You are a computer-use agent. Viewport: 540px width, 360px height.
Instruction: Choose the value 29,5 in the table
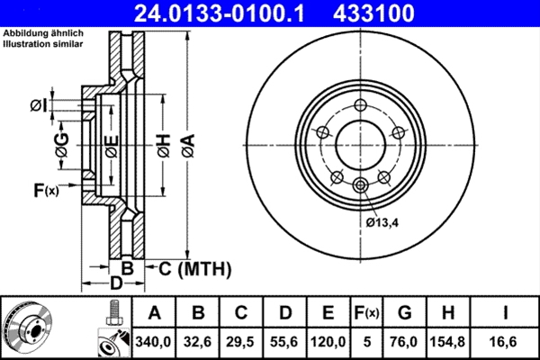(x=242, y=341)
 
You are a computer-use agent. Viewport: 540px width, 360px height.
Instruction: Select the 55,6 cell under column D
(x=285, y=341)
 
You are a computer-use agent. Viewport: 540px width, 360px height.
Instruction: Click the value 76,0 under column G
(x=405, y=341)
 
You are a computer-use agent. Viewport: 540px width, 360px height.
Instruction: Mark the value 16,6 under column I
(x=508, y=341)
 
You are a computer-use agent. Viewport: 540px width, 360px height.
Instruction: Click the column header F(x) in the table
(x=366, y=313)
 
